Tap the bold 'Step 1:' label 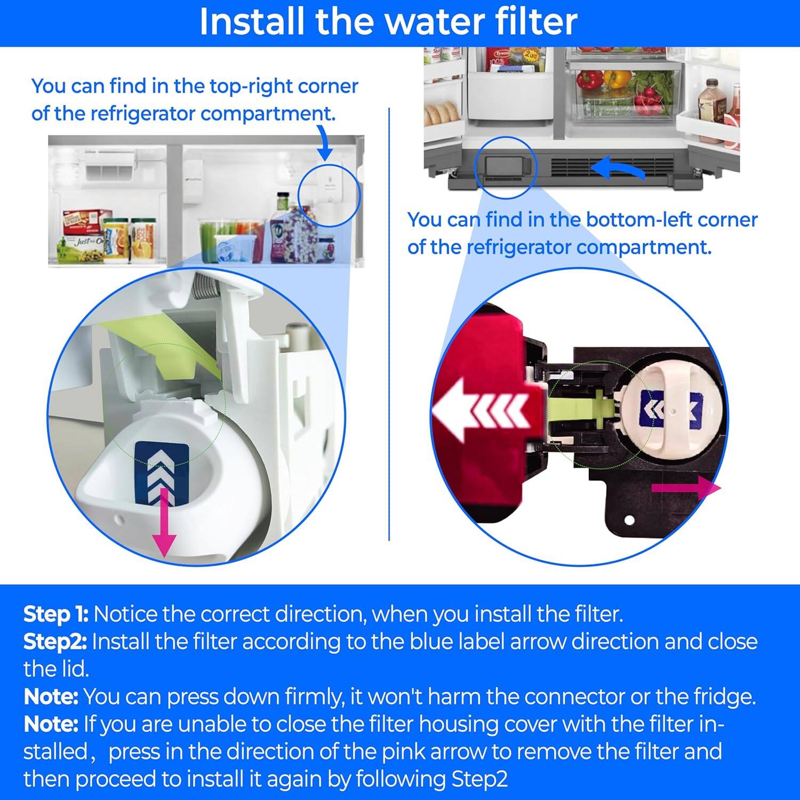55,614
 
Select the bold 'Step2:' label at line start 55,642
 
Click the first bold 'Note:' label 51,697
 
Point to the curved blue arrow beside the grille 619,171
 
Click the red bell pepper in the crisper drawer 589,80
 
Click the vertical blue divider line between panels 389,320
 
